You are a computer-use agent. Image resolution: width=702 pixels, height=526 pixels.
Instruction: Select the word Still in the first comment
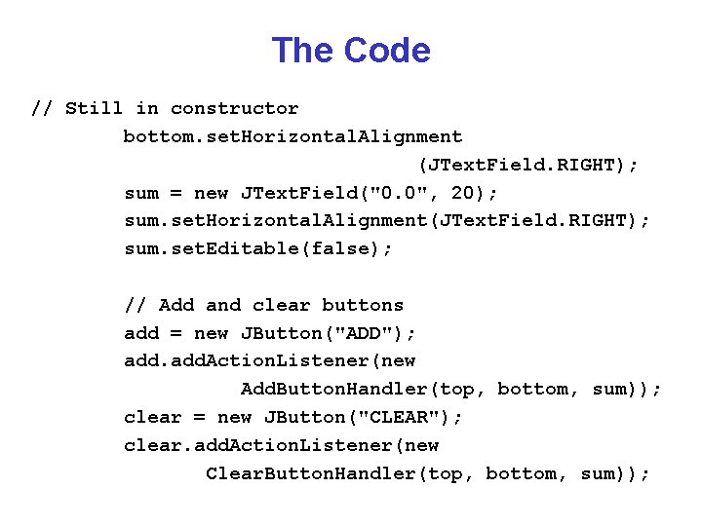pos(95,108)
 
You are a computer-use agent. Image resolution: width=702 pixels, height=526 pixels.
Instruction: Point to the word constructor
pos(235,108)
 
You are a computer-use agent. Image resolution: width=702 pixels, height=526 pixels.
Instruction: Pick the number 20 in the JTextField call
pos(463,193)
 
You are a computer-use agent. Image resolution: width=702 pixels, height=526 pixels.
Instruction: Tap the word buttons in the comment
pos(363,305)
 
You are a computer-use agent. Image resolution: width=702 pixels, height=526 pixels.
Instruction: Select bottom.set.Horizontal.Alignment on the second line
pos(292,136)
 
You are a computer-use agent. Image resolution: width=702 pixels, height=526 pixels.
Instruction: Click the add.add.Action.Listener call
pos(249,360)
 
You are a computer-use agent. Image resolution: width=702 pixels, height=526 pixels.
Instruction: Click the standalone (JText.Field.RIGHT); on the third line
pos(528,165)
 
